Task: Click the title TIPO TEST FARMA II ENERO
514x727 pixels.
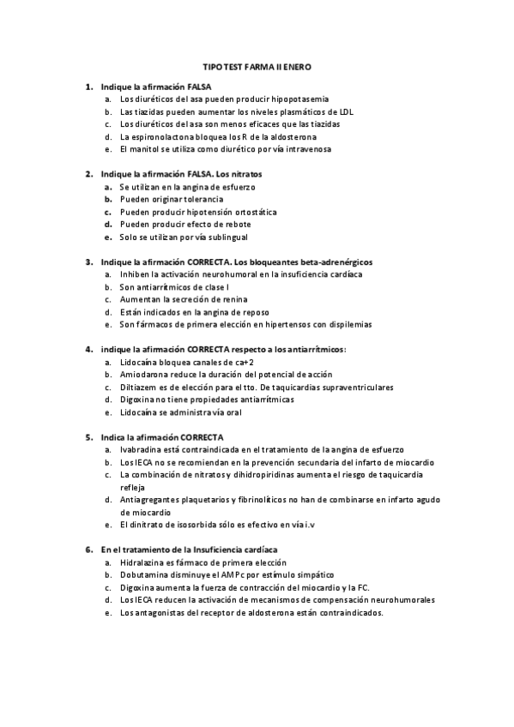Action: pos(257,65)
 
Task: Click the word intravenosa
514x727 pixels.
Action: pos(302,148)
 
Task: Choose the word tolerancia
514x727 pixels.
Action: pos(203,199)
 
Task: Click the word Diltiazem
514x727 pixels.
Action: pos(142,388)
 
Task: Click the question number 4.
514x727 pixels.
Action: pos(89,350)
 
